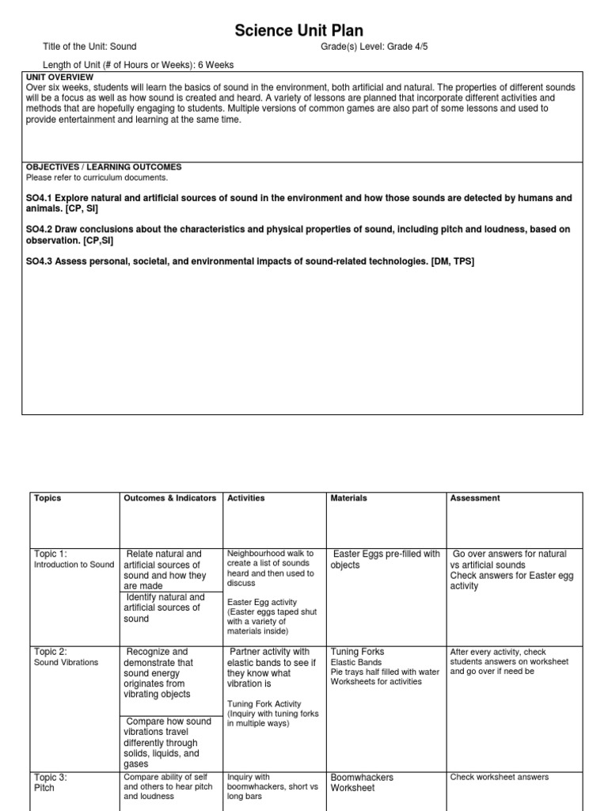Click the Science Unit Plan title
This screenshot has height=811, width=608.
click(x=298, y=31)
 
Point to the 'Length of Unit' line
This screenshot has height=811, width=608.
click(x=138, y=65)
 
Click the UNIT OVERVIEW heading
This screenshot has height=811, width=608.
click(x=59, y=77)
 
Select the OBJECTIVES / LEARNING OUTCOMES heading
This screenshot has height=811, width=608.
click(x=104, y=167)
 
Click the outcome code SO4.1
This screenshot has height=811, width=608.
click(x=40, y=197)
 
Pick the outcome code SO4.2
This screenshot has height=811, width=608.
click(x=40, y=229)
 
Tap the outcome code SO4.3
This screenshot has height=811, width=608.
click(x=40, y=261)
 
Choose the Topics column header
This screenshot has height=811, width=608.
click(x=47, y=498)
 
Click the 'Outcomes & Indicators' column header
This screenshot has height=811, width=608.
click(x=169, y=498)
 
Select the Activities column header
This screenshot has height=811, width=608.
click(x=246, y=498)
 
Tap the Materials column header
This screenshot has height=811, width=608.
click(x=348, y=498)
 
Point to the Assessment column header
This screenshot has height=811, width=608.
click(x=475, y=498)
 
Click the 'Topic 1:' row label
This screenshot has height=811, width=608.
click(x=51, y=554)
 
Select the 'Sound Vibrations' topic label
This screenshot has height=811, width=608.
click(x=66, y=662)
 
